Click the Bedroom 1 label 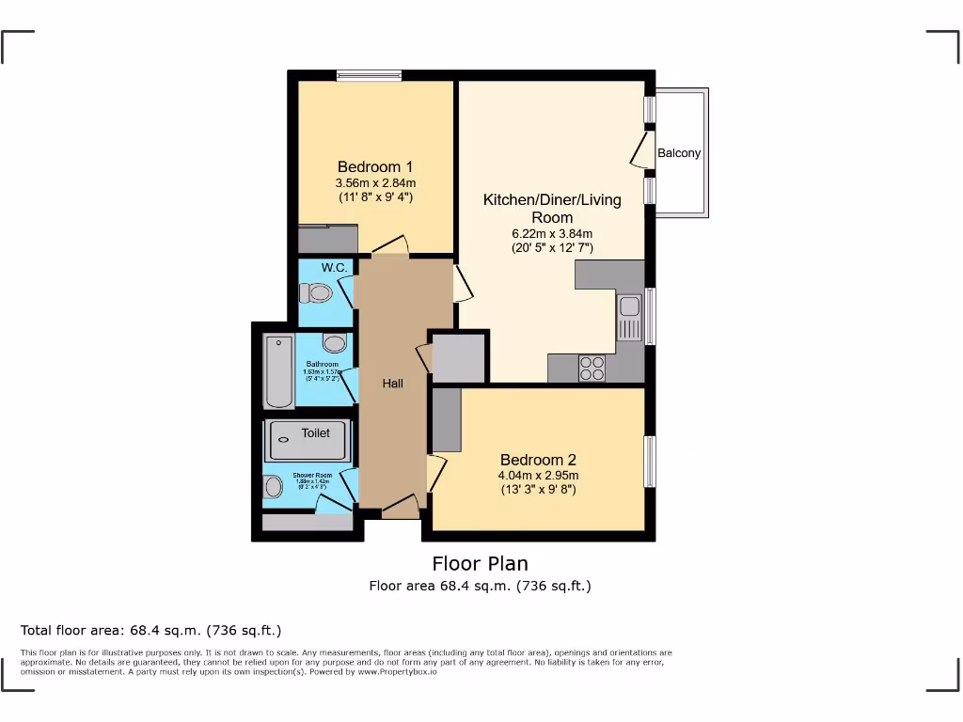[375, 166]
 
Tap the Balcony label [679, 153]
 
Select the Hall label [392, 384]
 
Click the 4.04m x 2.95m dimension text [537, 476]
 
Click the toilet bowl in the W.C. [321, 294]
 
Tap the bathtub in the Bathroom [278, 371]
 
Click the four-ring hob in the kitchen [592, 368]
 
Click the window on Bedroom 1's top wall [370, 76]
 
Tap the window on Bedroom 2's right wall [649, 461]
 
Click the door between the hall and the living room [462, 284]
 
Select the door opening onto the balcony [642, 150]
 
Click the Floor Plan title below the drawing [480, 564]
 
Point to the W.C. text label [334, 268]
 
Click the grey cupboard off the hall [458, 357]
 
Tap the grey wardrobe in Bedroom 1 [327, 239]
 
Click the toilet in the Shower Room [274, 487]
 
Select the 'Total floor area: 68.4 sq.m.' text [150, 630]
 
